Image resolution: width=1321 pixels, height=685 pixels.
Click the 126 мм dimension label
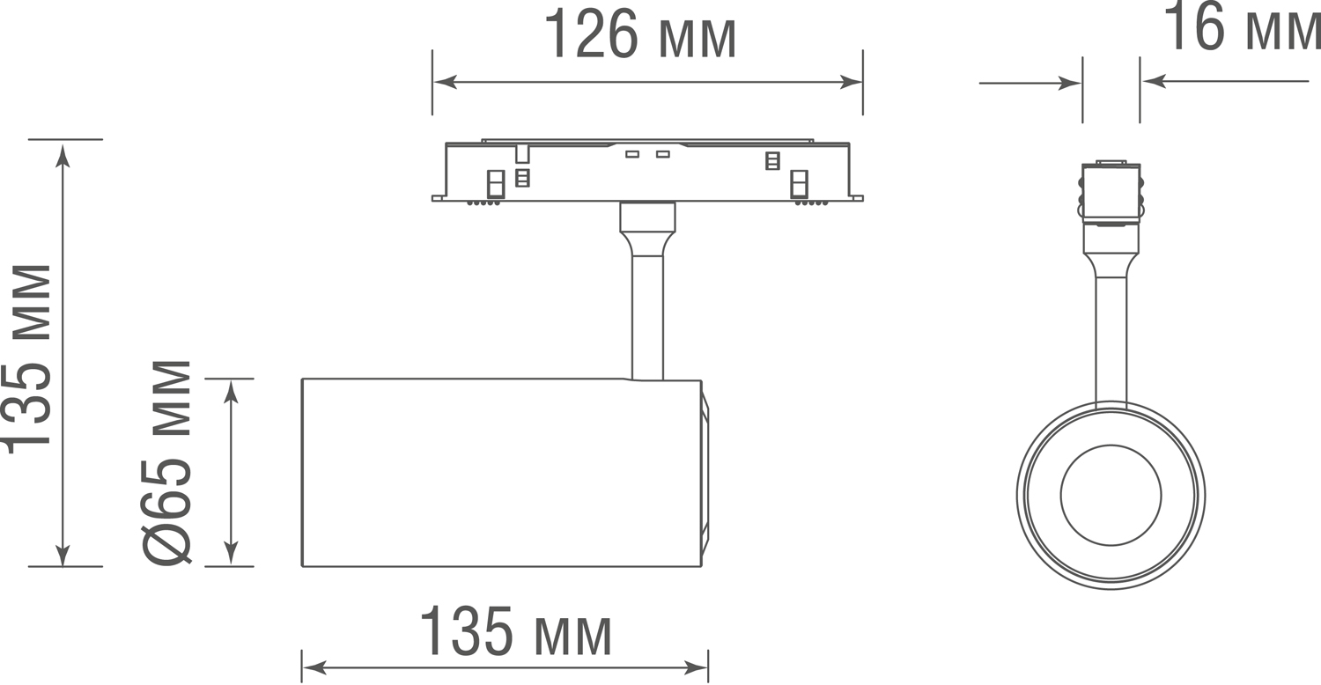tap(640, 34)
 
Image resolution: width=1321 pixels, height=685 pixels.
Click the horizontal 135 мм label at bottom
tap(516, 630)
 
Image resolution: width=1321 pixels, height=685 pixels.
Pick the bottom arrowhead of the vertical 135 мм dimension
tap(63, 554)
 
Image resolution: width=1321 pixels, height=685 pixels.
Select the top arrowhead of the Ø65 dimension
tap(231, 392)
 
